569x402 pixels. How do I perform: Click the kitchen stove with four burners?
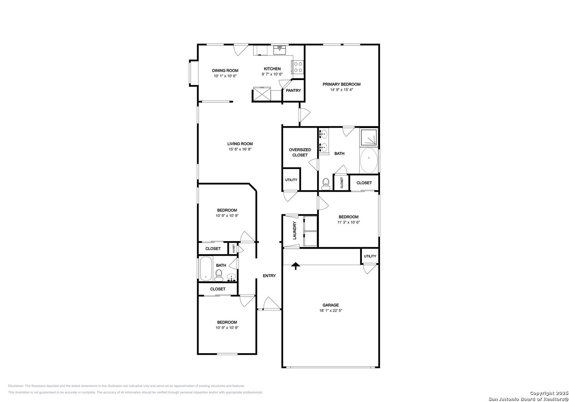298,67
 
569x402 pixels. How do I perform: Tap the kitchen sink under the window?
280,50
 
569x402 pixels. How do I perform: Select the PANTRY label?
293,90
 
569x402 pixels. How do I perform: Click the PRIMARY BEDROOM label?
341,84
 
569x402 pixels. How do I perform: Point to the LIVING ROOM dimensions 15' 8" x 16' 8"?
240,149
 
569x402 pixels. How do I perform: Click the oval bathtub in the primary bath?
369,160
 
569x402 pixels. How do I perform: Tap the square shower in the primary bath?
369,137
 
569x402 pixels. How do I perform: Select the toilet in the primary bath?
326,184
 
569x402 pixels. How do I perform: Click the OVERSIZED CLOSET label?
300,152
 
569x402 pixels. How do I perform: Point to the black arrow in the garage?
295,266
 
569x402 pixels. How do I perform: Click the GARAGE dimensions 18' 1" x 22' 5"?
331,310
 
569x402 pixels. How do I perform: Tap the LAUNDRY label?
295,230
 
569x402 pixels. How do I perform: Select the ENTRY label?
269,275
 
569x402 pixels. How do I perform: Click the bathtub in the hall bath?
206,269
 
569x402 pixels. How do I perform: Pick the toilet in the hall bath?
219,275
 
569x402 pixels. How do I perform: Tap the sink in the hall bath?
231,277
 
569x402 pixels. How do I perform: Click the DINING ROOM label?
225,71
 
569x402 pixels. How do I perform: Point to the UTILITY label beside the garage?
370,256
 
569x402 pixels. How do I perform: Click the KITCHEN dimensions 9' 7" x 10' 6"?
272,74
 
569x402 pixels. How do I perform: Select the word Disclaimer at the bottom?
16,386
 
